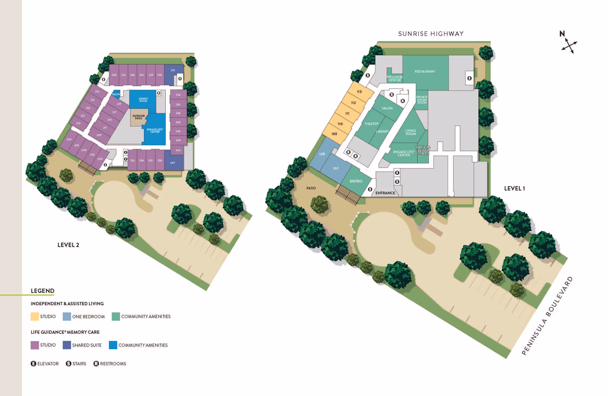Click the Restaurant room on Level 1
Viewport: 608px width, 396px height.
(425, 72)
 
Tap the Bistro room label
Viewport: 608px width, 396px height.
(356, 181)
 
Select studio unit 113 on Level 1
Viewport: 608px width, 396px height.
(359, 92)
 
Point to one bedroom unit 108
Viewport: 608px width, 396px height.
(322, 154)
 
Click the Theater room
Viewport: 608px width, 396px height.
(371, 124)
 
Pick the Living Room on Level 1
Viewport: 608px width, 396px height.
(410, 132)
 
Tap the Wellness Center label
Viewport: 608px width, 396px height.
(395, 78)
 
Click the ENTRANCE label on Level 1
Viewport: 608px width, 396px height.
(385, 193)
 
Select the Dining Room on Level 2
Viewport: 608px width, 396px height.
(143, 100)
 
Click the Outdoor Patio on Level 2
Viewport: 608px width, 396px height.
(138, 117)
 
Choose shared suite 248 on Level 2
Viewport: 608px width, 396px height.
(173, 163)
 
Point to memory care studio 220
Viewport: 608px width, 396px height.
(114, 75)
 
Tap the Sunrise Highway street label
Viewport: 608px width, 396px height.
(431, 34)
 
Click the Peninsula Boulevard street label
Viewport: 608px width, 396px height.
(547, 316)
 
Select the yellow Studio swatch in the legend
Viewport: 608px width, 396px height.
(35, 317)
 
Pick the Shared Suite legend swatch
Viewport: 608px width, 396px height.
(66, 345)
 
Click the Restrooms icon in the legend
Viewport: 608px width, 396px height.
(96, 364)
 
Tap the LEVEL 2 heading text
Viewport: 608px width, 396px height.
(68, 245)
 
